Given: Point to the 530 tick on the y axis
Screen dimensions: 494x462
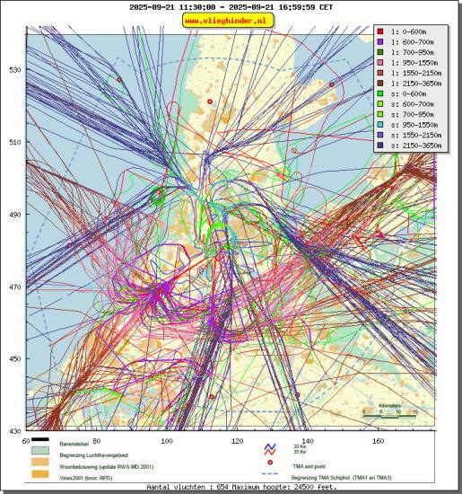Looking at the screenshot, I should pyautogui.click(x=15, y=70).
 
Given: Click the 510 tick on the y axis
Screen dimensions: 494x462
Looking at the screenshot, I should pyautogui.click(x=15, y=142).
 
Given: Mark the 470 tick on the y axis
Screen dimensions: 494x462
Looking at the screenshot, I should pyautogui.click(x=15, y=287).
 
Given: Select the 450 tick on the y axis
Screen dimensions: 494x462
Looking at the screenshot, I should pyautogui.click(x=15, y=359).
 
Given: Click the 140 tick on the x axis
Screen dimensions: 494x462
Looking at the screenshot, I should pyautogui.click(x=308, y=441).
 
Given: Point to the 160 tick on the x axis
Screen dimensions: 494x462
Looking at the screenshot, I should pyautogui.click(x=379, y=441).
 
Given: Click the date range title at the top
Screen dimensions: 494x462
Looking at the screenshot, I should pyautogui.click(x=231, y=6).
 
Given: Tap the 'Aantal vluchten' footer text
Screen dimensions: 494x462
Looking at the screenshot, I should pyautogui.click(x=229, y=488).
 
